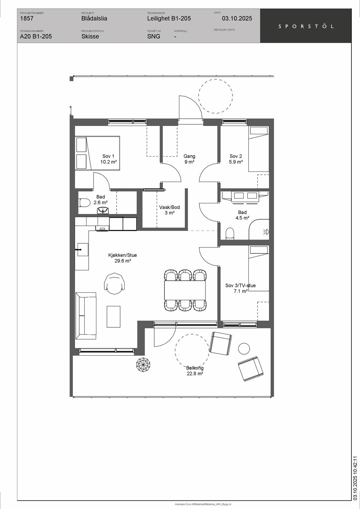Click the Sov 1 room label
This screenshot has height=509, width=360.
108,159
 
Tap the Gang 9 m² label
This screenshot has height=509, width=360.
189,159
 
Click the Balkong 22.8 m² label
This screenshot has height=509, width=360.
195,371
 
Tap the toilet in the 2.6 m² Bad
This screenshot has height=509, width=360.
84,203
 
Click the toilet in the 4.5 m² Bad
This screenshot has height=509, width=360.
230,234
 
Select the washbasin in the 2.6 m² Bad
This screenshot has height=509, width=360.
103,211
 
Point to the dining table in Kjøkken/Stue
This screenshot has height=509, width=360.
185,290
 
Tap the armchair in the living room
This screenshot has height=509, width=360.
114,283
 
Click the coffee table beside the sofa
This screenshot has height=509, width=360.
114,317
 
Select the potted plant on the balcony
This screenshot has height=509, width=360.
143,365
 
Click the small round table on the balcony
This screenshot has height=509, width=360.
244,348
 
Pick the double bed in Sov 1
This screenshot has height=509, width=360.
97,153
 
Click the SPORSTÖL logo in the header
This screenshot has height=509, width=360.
306,26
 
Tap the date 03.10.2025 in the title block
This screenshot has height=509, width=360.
237,18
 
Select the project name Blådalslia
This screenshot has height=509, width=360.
94,18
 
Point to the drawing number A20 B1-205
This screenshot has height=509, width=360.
36,36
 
